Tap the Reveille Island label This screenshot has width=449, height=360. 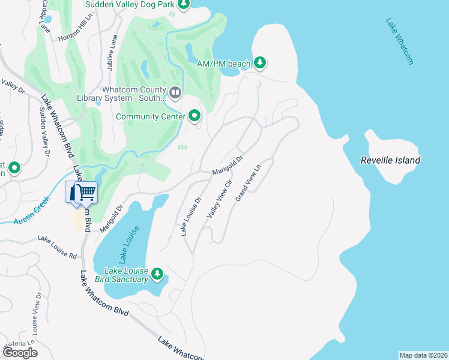pos(390,160)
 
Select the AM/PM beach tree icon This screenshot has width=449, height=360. pos(260,62)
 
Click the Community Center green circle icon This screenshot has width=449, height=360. pos(194,116)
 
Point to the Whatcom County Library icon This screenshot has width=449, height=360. pos(175,92)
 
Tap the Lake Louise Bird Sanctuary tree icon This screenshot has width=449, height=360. pos(157,274)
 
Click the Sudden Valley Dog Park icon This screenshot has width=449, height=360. pos(183,5)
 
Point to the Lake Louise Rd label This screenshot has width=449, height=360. pos(58,247)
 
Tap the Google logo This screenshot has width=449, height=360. pos(20,352)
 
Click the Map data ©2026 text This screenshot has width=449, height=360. pos(423,355)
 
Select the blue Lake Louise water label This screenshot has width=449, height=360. pos(129,244)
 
